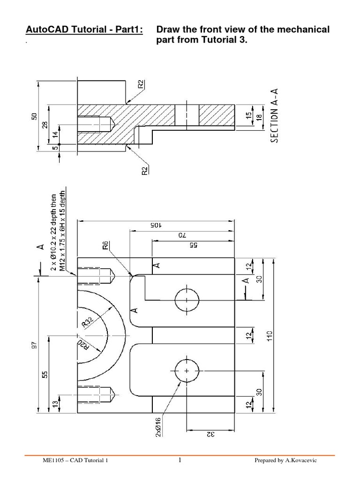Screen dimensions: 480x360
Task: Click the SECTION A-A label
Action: [x=275, y=118]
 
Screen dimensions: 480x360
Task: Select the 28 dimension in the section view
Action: [x=45, y=125]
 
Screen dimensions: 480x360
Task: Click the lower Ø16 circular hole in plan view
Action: [x=187, y=371]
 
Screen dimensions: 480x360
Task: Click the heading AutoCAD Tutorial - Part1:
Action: [x=84, y=30]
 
